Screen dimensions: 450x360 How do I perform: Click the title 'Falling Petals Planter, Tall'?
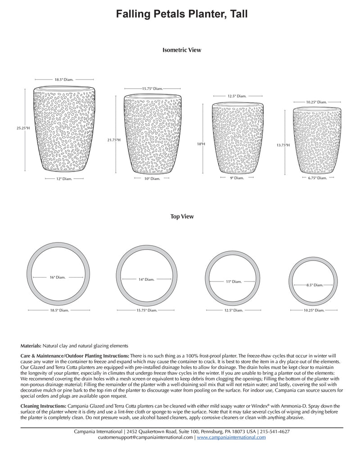[182, 15]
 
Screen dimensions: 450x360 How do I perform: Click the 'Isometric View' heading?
[182, 50]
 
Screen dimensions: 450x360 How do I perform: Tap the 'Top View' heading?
[182, 216]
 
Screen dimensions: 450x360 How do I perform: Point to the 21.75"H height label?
[114, 140]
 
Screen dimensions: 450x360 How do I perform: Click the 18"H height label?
[200, 144]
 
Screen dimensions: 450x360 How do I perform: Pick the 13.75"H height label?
[283, 145]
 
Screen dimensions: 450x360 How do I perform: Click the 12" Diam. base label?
[64, 179]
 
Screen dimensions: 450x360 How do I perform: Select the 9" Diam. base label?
[237, 178]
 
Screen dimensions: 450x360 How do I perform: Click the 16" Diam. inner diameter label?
[58, 278]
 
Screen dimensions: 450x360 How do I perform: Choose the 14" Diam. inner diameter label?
[147, 279]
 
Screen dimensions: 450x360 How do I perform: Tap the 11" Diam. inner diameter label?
[234, 282]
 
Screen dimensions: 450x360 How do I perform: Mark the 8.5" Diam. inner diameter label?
[315, 285]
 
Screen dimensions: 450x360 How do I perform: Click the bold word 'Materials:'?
[31, 346]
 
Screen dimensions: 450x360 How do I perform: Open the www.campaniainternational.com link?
[231, 437]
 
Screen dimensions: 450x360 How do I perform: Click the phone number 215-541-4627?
[274, 431]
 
